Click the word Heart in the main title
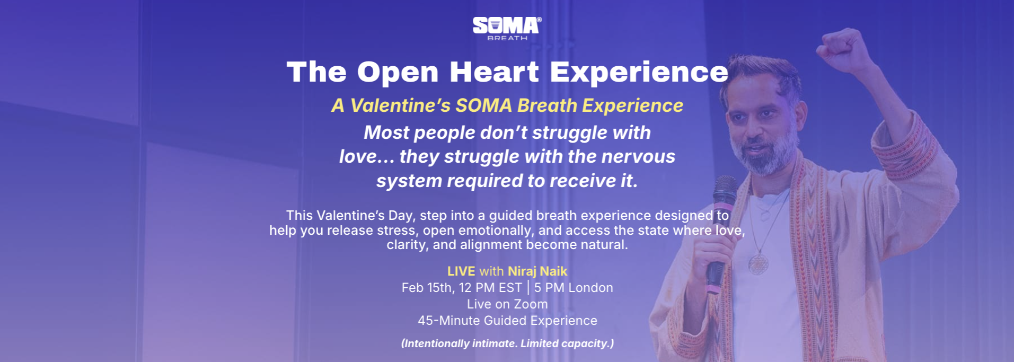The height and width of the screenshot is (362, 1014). point(495,72)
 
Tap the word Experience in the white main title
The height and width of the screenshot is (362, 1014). point(639,73)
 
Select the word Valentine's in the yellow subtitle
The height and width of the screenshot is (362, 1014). point(400,105)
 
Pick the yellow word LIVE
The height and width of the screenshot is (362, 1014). point(461,271)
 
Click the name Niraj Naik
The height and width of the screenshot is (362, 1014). point(537,271)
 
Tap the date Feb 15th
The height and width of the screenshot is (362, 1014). point(428,288)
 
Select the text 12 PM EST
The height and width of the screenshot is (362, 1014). point(490,288)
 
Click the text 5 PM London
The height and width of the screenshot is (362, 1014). point(574,288)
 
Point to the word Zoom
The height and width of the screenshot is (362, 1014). point(531,304)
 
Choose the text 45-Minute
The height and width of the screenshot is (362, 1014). point(448,321)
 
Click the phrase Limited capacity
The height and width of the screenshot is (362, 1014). point(567,343)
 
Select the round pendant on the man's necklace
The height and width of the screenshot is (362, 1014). point(758,263)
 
